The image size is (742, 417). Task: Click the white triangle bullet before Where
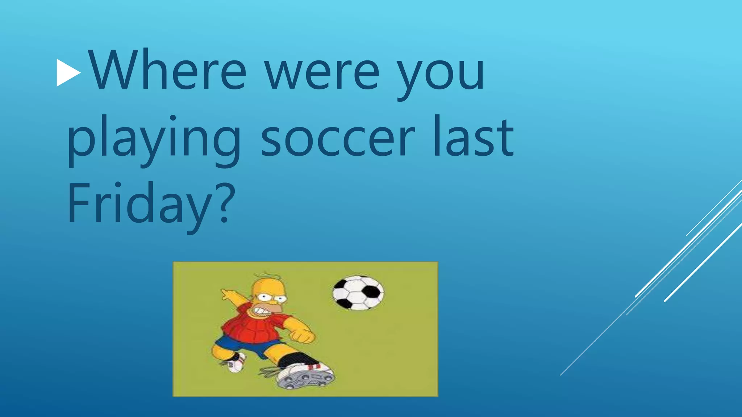point(68,73)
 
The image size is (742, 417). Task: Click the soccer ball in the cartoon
point(358,293)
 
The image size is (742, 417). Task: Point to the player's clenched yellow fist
point(303,335)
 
